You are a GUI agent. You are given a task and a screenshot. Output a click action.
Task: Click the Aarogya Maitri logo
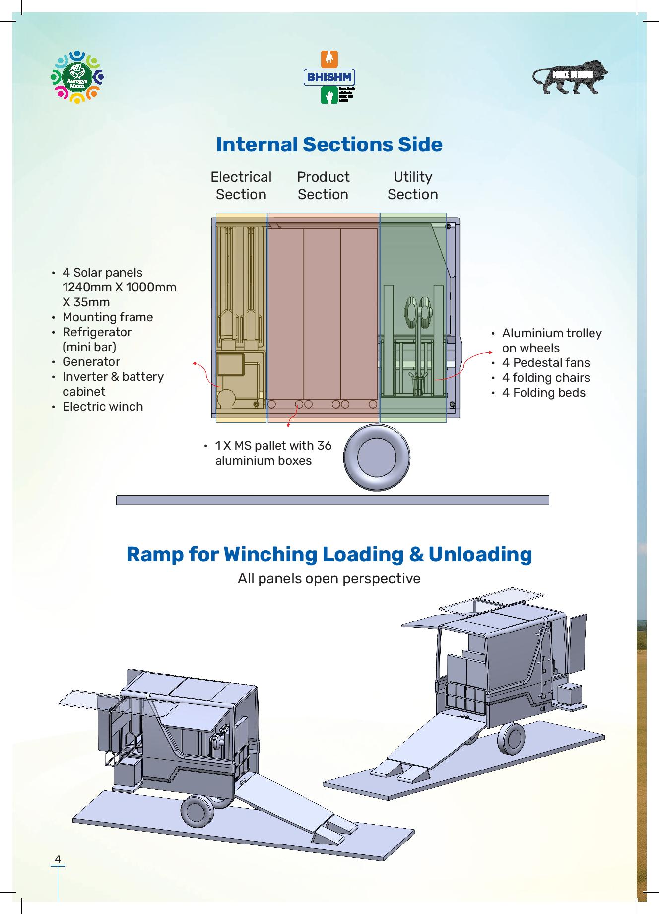(x=77, y=77)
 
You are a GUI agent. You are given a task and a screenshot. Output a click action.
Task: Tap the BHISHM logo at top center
(x=329, y=77)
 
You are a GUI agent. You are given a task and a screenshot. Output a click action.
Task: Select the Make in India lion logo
(x=571, y=77)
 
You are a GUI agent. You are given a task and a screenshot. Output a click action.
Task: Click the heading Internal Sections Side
(x=329, y=144)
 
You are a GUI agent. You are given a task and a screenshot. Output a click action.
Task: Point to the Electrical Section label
(x=241, y=186)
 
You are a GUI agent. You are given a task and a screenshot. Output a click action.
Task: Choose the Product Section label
(x=323, y=186)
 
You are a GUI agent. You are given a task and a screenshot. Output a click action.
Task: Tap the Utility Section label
(x=412, y=186)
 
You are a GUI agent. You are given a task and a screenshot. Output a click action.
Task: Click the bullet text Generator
(x=91, y=362)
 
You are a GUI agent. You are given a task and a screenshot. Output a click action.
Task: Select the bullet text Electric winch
(x=103, y=407)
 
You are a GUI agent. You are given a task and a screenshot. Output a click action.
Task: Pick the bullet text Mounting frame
(x=108, y=317)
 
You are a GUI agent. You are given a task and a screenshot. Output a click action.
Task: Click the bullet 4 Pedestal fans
(x=546, y=363)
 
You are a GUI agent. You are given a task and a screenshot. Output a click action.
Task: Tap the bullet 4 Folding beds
(x=544, y=393)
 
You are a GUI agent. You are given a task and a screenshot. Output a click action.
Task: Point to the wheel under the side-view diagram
(x=377, y=457)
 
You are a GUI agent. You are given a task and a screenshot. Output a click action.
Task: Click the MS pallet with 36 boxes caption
(x=273, y=453)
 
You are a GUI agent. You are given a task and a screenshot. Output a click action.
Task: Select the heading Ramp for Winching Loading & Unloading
(x=329, y=554)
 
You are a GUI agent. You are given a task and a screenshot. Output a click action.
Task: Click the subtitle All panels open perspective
(x=329, y=579)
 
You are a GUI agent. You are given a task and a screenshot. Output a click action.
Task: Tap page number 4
(x=58, y=859)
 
